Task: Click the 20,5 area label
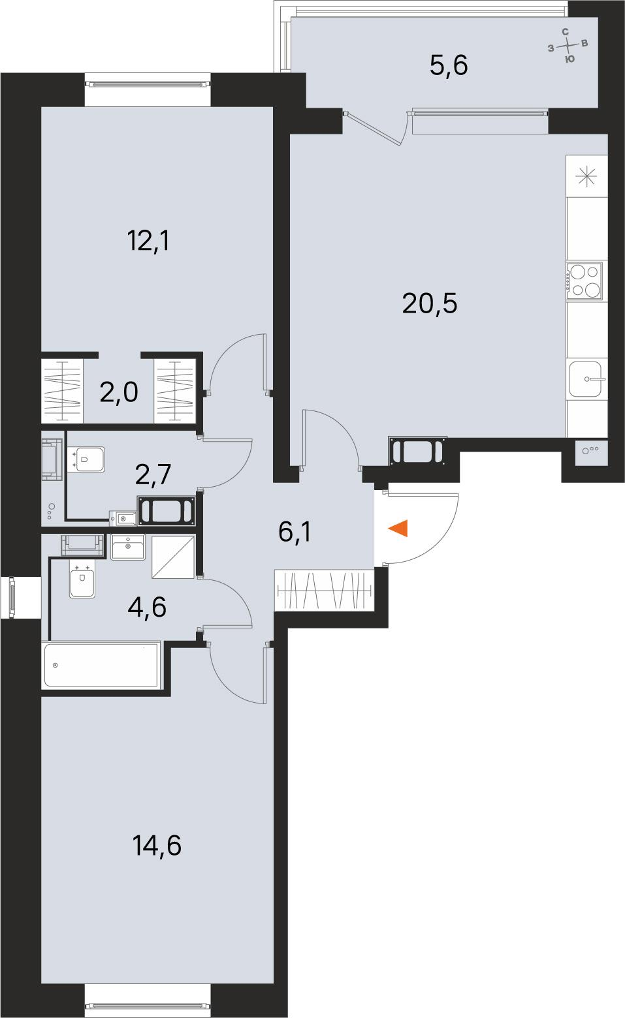coord(430,303)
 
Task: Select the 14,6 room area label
coord(156,846)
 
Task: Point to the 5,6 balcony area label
coord(449,65)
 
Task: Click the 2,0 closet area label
coord(119,393)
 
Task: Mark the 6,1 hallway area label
coord(295,532)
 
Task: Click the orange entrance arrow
coord(398,528)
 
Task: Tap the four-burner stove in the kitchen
coord(584,280)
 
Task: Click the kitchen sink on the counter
coord(587,379)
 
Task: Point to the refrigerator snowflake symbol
coord(586,176)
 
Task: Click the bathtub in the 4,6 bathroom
coord(101,664)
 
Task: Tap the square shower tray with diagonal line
coord(173,557)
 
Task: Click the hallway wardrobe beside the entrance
coord(325,591)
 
